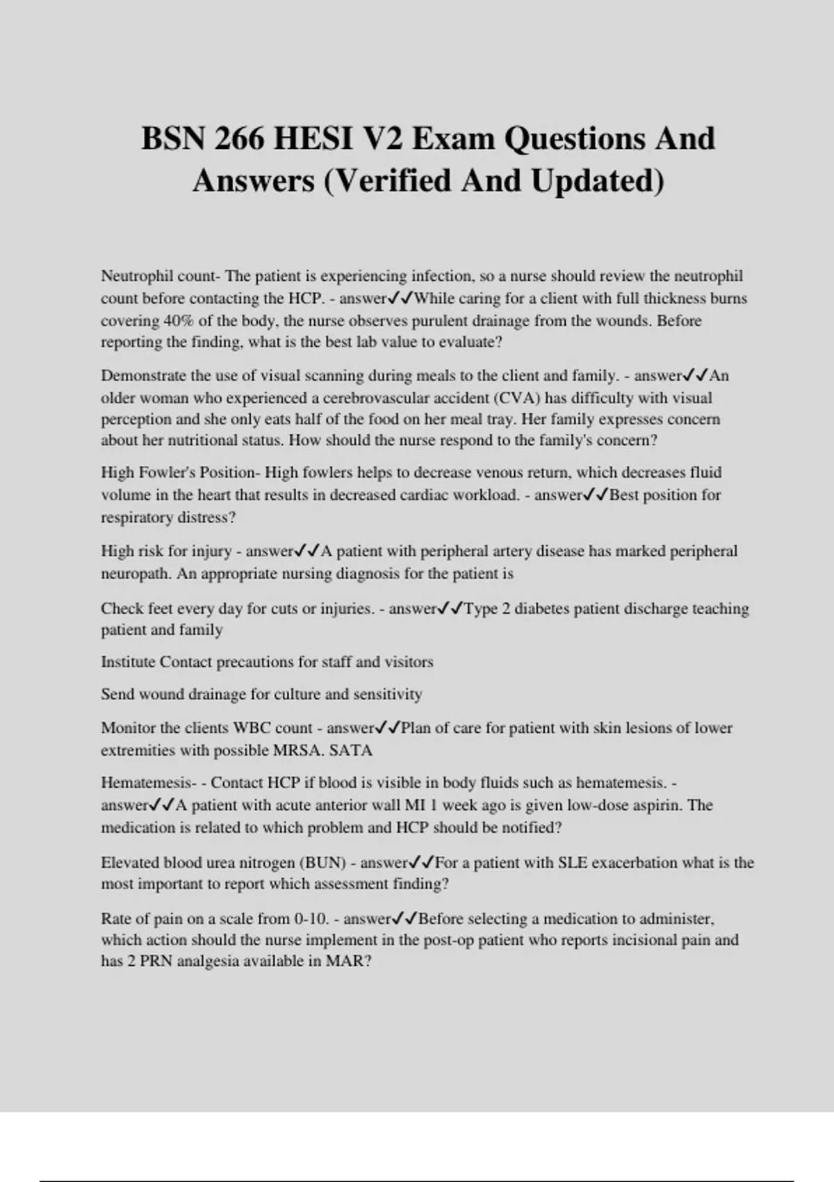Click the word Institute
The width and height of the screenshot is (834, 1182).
(129, 661)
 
